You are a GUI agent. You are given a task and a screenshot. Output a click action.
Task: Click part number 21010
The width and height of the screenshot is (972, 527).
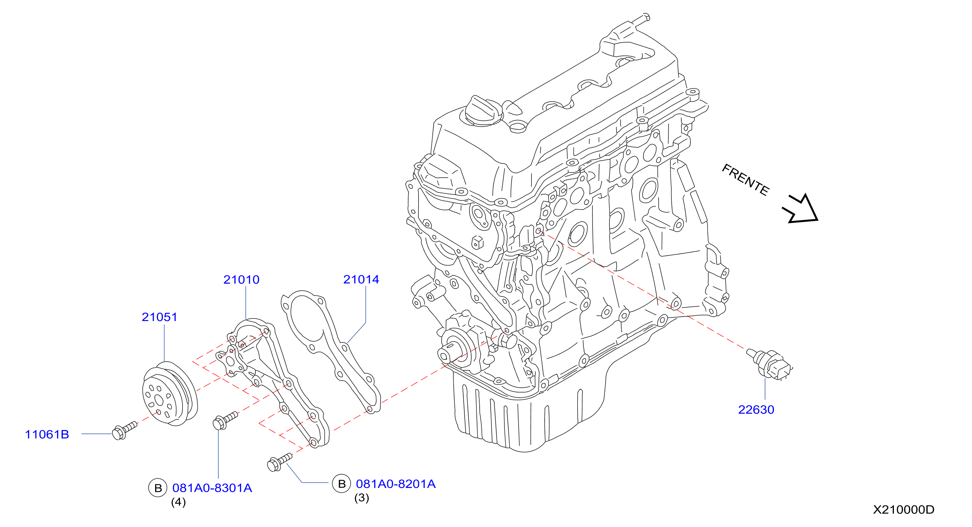point(241,280)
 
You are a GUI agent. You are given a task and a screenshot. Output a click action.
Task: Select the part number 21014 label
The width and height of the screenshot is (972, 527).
point(361,279)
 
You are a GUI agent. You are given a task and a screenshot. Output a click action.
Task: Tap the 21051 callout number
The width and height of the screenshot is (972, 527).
point(159,317)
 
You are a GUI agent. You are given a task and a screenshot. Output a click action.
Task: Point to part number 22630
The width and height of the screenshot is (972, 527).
point(756,409)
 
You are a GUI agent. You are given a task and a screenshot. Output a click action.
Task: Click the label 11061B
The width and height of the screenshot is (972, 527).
point(47,435)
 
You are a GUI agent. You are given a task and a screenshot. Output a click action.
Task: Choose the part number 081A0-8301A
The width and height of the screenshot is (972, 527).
point(212,488)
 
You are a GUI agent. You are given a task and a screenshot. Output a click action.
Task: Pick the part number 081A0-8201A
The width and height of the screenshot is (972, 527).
point(396,484)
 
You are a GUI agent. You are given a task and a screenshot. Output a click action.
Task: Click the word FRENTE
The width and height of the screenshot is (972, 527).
point(745,180)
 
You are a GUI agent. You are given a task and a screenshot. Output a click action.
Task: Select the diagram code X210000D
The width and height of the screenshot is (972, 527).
point(903,510)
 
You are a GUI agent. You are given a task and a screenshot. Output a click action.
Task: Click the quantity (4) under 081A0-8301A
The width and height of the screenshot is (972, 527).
point(179,502)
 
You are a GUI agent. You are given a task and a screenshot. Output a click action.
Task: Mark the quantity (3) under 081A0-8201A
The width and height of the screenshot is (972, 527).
point(361,498)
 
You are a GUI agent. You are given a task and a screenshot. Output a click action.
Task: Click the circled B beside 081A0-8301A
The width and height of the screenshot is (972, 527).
point(158,488)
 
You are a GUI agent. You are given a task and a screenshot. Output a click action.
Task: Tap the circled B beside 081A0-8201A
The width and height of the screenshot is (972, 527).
point(342,484)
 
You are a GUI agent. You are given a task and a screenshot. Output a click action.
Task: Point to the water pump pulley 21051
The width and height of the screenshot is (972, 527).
point(170,393)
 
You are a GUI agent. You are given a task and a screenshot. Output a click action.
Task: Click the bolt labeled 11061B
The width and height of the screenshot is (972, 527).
point(125,431)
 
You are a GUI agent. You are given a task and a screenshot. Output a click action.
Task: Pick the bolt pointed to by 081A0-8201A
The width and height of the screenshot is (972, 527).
point(280,462)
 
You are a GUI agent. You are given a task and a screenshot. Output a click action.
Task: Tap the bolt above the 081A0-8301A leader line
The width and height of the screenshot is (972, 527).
point(226,420)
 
